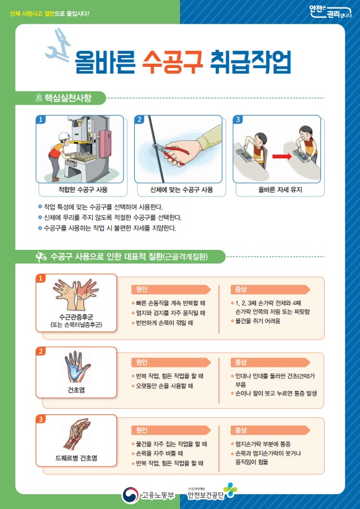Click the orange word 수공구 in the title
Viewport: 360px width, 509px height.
click(x=173, y=62)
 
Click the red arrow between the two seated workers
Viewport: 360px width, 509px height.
click(x=282, y=156)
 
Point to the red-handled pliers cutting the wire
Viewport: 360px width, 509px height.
click(x=171, y=152)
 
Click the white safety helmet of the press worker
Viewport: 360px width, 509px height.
click(x=64, y=136)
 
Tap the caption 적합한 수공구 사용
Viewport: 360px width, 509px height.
click(x=82, y=190)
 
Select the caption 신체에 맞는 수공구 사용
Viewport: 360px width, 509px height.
click(x=181, y=190)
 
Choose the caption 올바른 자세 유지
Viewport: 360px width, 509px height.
click(x=280, y=190)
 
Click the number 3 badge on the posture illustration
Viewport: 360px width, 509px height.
click(x=238, y=119)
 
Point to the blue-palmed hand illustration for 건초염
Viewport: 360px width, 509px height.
click(x=77, y=367)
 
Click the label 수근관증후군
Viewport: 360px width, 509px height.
click(x=76, y=317)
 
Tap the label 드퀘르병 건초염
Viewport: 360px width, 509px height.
click(x=76, y=458)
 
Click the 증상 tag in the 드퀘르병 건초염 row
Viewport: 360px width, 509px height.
click(x=241, y=430)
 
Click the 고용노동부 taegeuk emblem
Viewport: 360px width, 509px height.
click(x=130, y=495)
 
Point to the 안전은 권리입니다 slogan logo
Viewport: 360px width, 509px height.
click(x=330, y=12)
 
